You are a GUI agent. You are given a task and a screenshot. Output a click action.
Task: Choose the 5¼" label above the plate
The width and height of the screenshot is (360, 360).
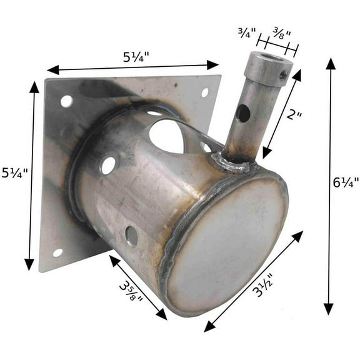pos(136,56)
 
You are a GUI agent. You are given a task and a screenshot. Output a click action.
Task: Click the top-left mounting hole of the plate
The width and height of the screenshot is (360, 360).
pos(66,101)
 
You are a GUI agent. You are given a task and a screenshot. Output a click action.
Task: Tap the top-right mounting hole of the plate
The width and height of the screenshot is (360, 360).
pos(204,92)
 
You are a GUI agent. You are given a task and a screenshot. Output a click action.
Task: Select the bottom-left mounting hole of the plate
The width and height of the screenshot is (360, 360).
pos(57,252)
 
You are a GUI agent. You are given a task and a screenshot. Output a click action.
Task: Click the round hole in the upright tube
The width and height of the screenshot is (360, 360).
pos(242,113)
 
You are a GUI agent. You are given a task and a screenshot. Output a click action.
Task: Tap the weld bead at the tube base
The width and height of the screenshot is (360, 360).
pos(232,164)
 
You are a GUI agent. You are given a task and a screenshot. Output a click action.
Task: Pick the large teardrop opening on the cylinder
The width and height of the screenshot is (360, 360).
pos(167,136)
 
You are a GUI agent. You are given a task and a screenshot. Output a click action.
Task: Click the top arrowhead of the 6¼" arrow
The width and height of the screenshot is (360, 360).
pos(330,64)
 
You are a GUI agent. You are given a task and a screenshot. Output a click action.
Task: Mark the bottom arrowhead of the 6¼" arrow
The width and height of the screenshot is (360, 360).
pos(329,309)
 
